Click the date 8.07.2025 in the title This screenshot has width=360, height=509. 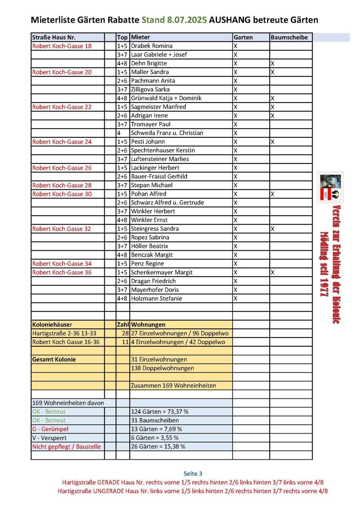coord(187,20)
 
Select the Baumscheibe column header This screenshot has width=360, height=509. coord(289,37)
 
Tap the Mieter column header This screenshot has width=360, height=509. coord(140,37)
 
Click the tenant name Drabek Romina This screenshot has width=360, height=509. coord(152,46)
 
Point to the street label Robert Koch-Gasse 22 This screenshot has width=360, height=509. coord(62,107)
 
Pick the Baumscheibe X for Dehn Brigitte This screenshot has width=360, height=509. coord(272,64)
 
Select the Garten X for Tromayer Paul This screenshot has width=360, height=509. coord(235,124)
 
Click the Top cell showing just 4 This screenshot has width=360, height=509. coord(119,133)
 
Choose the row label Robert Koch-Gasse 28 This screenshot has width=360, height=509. coord(62,185)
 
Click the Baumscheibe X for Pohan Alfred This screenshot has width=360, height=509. coord(272,194)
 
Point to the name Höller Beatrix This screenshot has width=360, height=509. coord(149,246)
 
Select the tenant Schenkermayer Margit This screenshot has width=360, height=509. coord(162,272)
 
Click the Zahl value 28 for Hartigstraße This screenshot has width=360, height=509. coord(125,333)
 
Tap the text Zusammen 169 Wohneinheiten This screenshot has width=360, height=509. coord(173,385)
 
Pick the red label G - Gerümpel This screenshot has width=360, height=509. coord(50,429)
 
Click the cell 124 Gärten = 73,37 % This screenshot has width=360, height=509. coord(160,412)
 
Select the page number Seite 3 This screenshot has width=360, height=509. coord(193,474)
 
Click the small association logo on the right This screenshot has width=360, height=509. coord(331,187)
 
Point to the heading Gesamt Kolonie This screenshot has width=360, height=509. coord(54,359)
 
